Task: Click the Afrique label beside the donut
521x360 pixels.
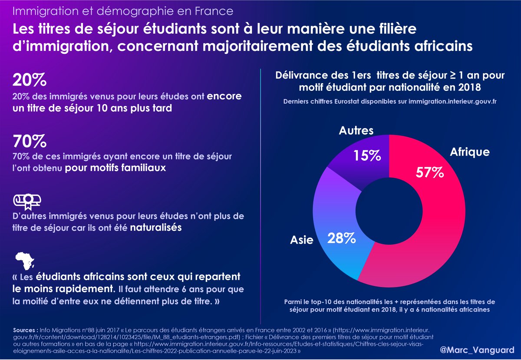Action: click(x=470, y=152)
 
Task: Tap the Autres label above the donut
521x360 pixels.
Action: click(x=356, y=130)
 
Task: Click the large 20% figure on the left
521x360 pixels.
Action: click(x=30, y=80)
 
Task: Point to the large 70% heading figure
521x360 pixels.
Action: click(x=30, y=141)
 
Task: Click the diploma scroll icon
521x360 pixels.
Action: click(x=27, y=199)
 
